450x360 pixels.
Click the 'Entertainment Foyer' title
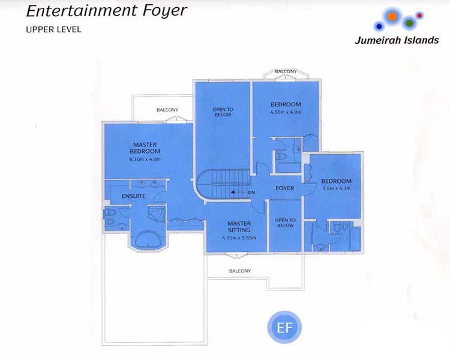(107, 11)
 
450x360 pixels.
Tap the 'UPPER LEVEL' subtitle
(53, 29)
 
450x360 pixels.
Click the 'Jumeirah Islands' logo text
(396, 41)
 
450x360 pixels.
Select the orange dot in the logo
(392, 17)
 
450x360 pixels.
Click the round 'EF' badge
(284, 328)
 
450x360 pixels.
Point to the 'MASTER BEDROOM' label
(145, 148)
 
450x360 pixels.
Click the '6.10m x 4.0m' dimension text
(145, 160)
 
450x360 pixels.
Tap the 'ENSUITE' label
(134, 196)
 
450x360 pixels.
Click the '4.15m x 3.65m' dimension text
(238, 238)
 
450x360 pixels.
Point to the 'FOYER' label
(284, 188)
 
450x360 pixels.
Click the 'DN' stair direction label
(251, 192)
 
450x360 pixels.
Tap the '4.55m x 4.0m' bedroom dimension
(286, 112)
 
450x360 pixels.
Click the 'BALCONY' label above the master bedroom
(167, 110)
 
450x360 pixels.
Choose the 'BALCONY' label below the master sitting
(240, 271)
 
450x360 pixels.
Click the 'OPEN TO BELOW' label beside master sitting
(285, 223)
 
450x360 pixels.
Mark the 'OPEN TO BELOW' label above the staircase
(223, 112)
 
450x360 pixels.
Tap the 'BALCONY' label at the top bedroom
(286, 72)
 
